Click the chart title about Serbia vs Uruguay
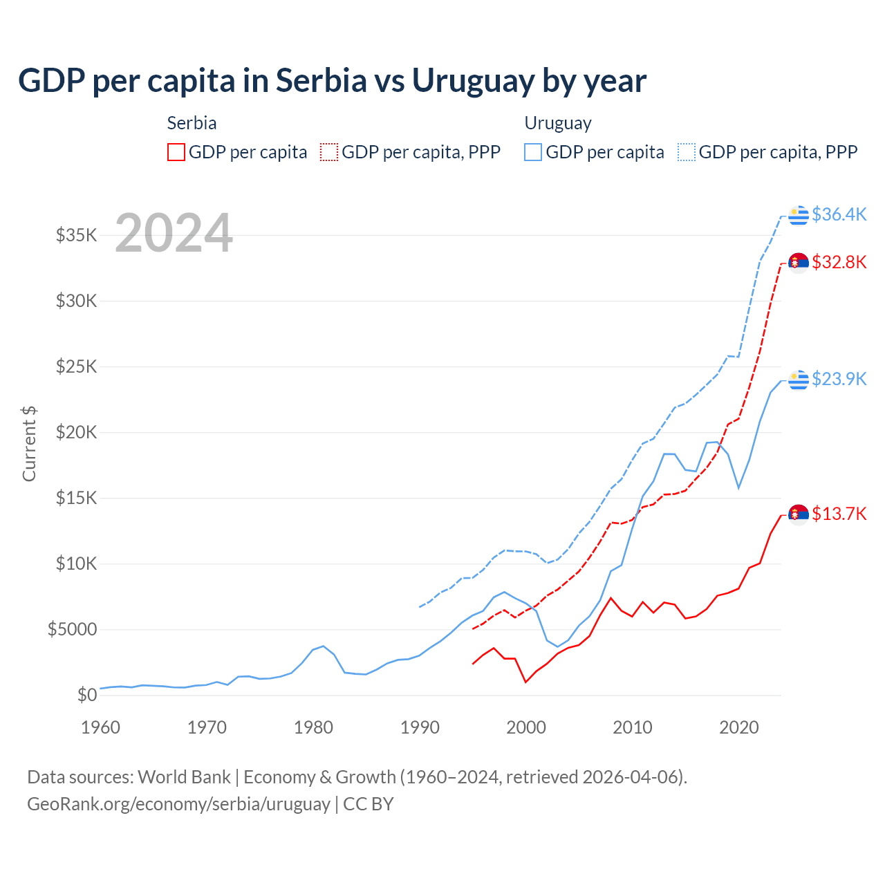pyautogui.click(x=332, y=81)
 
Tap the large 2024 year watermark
pyautogui.click(x=174, y=233)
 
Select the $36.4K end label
pyautogui.click(x=839, y=214)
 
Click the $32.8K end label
pyautogui.click(x=839, y=262)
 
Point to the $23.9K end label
pyautogui.click(x=839, y=379)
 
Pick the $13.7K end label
pyautogui.click(x=839, y=514)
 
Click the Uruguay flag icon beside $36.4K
pyautogui.click(x=799, y=215)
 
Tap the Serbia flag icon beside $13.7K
pyautogui.click(x=799, y=514)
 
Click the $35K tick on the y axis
pyautogui.click(x=77, y=235)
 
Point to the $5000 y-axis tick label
pyautogui.click(x=73, y=629)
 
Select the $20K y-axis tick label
pyautogui.click(x=77, y=432)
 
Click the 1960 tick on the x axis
pyautogui.click(x=101, y=727)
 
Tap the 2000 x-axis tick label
pyautogui.click(x=526, y=727)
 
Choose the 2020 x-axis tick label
pyautogui.click(x=739, y=727)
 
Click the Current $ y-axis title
pyautogui.click(x=29, y=443)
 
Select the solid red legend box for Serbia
pyautogui.click(x=176, y=152)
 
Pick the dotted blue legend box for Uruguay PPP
pyautogui.click(x=687, y=152)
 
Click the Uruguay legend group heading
pyautogui.click(x=558, y=123)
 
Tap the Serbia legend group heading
pyautogui.click(x=192, y=123)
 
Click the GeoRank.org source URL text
pyautogui.click(x=178, y=804)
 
